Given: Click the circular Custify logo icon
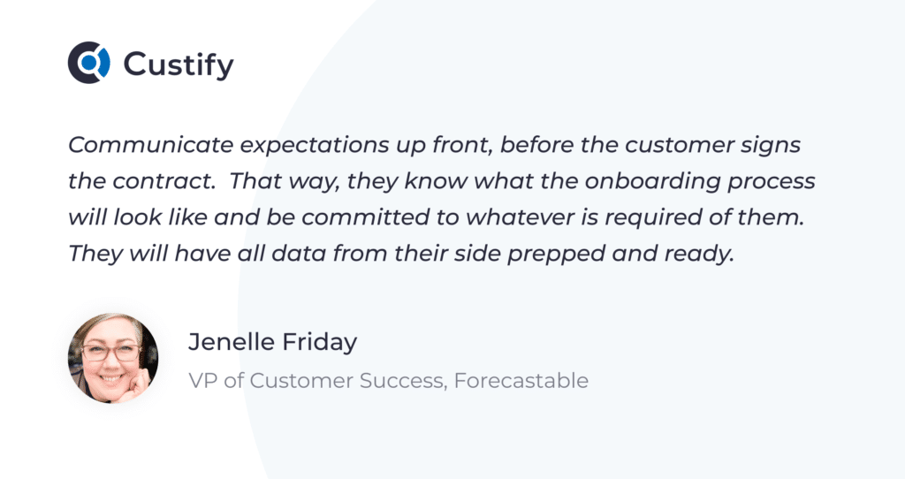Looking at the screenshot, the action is click(x=89, y=63).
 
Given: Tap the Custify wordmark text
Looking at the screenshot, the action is click(x=179, y=65).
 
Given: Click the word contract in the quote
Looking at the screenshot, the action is click(x=163, y=181).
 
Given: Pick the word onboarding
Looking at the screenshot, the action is click(x=652, y=182).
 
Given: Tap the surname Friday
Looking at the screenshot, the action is click(x=320, y=343).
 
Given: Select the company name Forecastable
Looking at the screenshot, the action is click(x=521, y=381).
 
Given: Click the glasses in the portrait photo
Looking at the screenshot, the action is click(x=110, y=352).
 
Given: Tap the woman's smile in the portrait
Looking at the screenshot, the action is click(x=112, y=379).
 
